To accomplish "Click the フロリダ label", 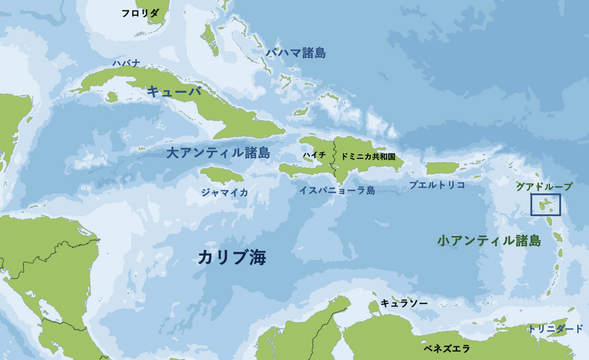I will tap(140, 13).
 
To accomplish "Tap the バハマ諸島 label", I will tap(296, 53).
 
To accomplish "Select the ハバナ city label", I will tap(126, 64).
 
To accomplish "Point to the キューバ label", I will tap(174, 91).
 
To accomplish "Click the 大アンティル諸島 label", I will tap(218, 153).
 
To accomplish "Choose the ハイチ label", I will tap(314, 156).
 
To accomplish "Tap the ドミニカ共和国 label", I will tap(368, 156).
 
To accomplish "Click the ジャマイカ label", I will tap(224, 192).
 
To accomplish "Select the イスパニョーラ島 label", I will tap(337, 190).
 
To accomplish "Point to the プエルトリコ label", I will tap(437, 185).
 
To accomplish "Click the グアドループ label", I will tap(544, 186).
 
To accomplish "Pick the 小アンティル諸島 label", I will tap(489, 240).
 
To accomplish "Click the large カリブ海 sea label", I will tap(232, 257).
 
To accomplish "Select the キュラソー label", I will tap(404, 303).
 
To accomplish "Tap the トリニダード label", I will tap(555, 329).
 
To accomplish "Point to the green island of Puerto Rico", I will tap(441, 168).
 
